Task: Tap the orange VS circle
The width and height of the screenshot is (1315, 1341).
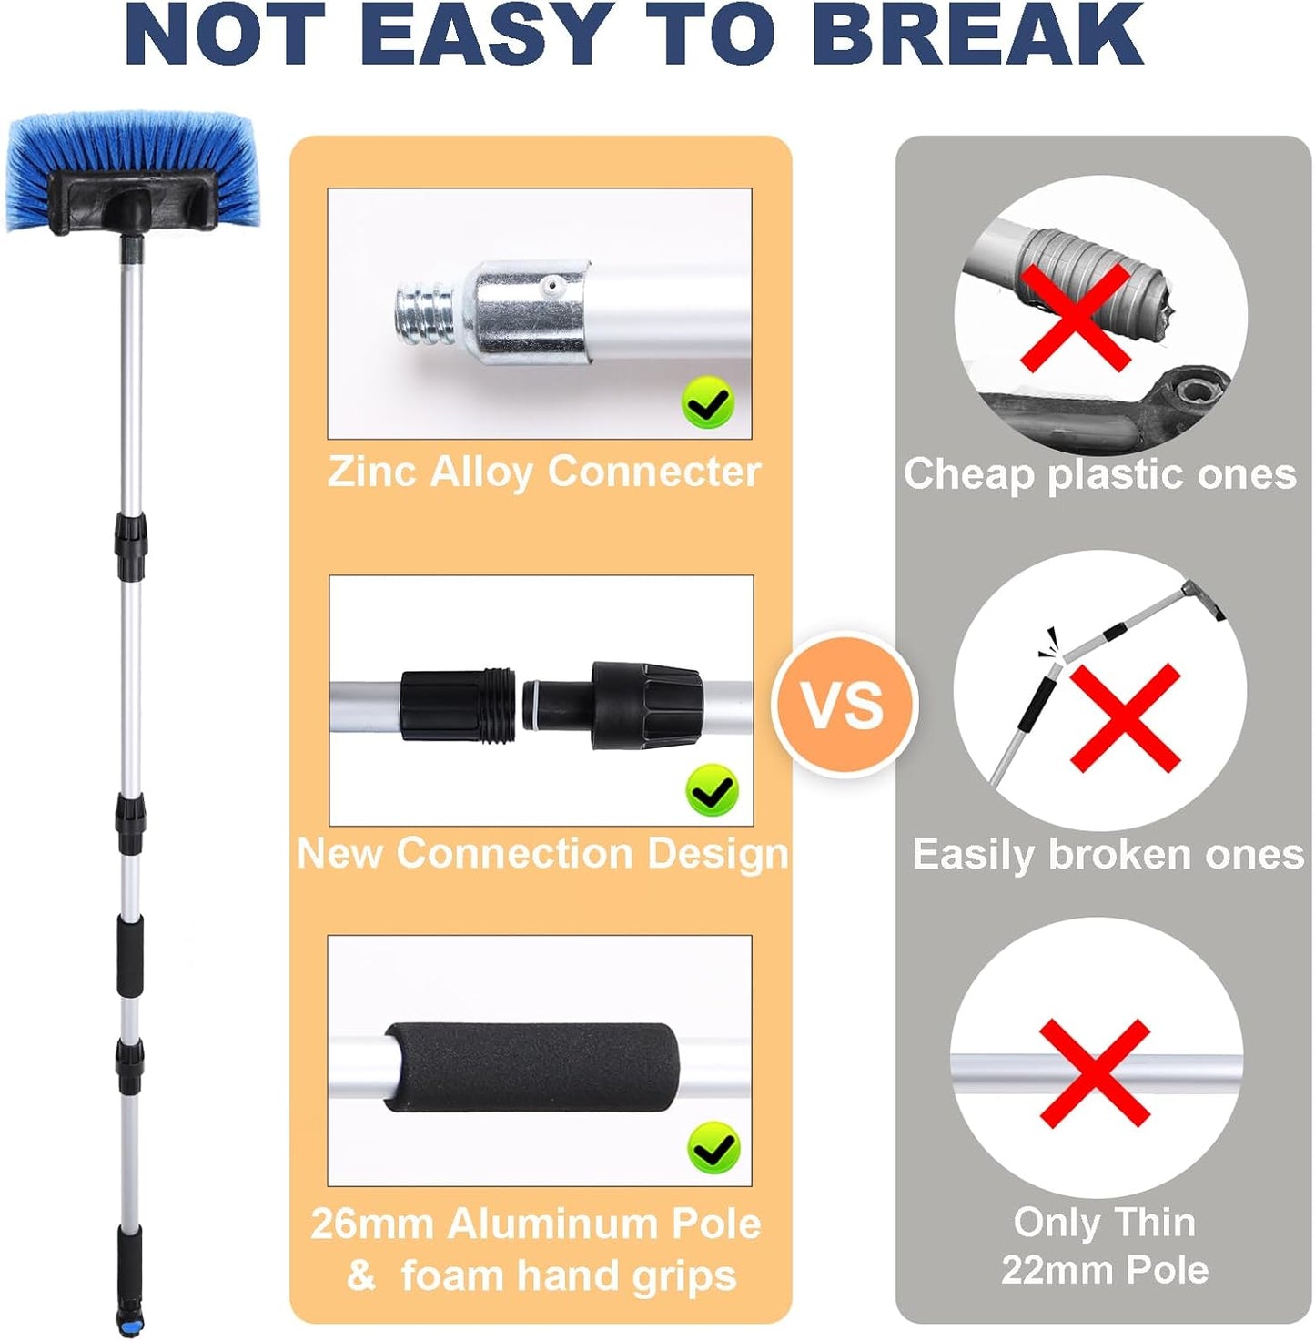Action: coord(843,704)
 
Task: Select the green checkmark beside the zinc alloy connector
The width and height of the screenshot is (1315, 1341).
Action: coord(707,403)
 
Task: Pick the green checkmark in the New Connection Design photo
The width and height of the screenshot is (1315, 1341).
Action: coord(712,790)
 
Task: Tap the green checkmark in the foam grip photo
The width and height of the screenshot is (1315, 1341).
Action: coord(713,1148)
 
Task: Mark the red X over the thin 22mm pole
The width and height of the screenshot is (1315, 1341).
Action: coord(1095,1072)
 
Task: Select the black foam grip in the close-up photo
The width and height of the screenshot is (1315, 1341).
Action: coord(532,1062)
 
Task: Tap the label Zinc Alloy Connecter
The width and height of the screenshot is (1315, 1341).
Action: coord(543,472)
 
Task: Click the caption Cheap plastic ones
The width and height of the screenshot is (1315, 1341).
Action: coord(1099,474)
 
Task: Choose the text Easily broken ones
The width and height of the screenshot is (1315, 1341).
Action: coord(1108,855)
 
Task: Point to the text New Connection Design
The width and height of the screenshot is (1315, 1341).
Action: coord(542,854)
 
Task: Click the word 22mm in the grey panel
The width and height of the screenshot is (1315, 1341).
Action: coord(1047,1270)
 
